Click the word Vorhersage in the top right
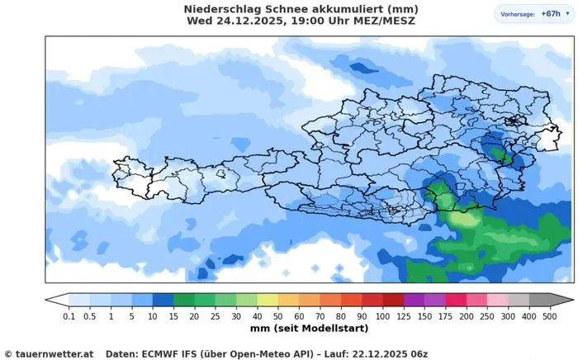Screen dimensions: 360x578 pos(516,15)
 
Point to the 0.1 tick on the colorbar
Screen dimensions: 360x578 pos(69,316)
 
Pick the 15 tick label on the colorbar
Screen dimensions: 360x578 pos(174,316)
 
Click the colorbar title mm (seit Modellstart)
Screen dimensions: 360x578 pos(309,328)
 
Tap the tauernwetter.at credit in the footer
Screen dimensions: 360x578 pos(54,353)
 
